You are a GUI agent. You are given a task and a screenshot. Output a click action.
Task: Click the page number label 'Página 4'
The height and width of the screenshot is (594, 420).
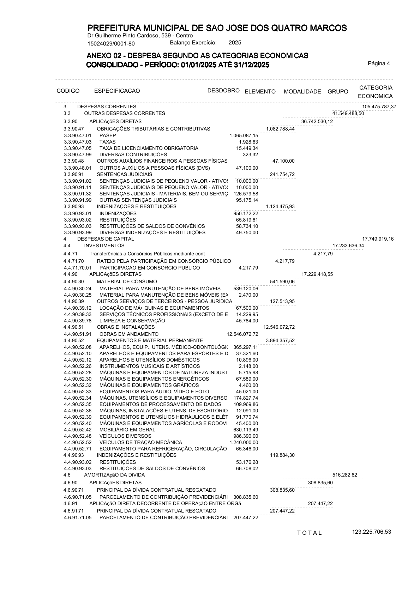coord(379,63)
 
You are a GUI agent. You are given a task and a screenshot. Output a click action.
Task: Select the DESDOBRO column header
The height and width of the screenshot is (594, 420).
coord(223,90)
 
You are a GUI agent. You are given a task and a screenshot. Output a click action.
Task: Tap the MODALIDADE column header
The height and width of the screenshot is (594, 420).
coord(302,91)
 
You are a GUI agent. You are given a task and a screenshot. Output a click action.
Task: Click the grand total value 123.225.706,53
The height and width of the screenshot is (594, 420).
coord(371,532)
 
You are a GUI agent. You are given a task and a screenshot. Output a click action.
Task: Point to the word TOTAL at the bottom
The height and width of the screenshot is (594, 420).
coord(310,533)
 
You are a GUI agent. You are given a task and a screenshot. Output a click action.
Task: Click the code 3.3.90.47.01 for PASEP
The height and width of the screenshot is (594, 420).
coord(78,135)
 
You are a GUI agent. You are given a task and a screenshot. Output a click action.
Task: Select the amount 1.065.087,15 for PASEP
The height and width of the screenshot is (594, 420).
coord(244,135)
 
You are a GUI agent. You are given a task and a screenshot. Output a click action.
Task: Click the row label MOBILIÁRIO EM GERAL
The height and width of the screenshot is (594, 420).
coord(127,430)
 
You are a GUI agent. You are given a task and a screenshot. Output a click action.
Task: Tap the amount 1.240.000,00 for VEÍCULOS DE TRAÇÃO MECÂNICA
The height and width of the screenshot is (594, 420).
coord(244,442)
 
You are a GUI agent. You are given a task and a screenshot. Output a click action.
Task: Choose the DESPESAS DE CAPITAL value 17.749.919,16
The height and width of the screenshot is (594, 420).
coord(378,239)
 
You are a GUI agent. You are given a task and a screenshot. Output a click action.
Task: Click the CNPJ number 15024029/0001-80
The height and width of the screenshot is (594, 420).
coord(111,44)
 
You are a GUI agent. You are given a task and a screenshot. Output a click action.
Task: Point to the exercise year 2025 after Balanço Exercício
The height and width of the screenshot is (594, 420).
coord(235,43)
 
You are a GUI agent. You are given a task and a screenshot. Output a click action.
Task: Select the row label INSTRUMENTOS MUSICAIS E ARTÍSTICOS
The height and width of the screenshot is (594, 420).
coord(145,366)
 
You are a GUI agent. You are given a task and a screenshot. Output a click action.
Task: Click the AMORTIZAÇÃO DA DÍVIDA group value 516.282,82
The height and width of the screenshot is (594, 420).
coord(344,475)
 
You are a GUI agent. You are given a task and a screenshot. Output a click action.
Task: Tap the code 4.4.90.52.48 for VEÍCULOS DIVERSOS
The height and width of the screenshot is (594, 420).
coord(78,436)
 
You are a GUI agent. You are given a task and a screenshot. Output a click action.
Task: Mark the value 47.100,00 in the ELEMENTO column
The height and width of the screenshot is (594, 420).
coord(283,161)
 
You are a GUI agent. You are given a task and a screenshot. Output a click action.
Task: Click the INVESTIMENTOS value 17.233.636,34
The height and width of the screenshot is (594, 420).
coord(348,246)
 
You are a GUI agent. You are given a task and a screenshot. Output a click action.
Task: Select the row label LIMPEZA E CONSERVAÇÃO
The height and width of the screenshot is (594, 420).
coord(132,321)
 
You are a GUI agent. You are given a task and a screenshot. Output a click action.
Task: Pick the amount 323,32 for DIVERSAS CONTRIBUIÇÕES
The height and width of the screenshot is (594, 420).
coord(250,154)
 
